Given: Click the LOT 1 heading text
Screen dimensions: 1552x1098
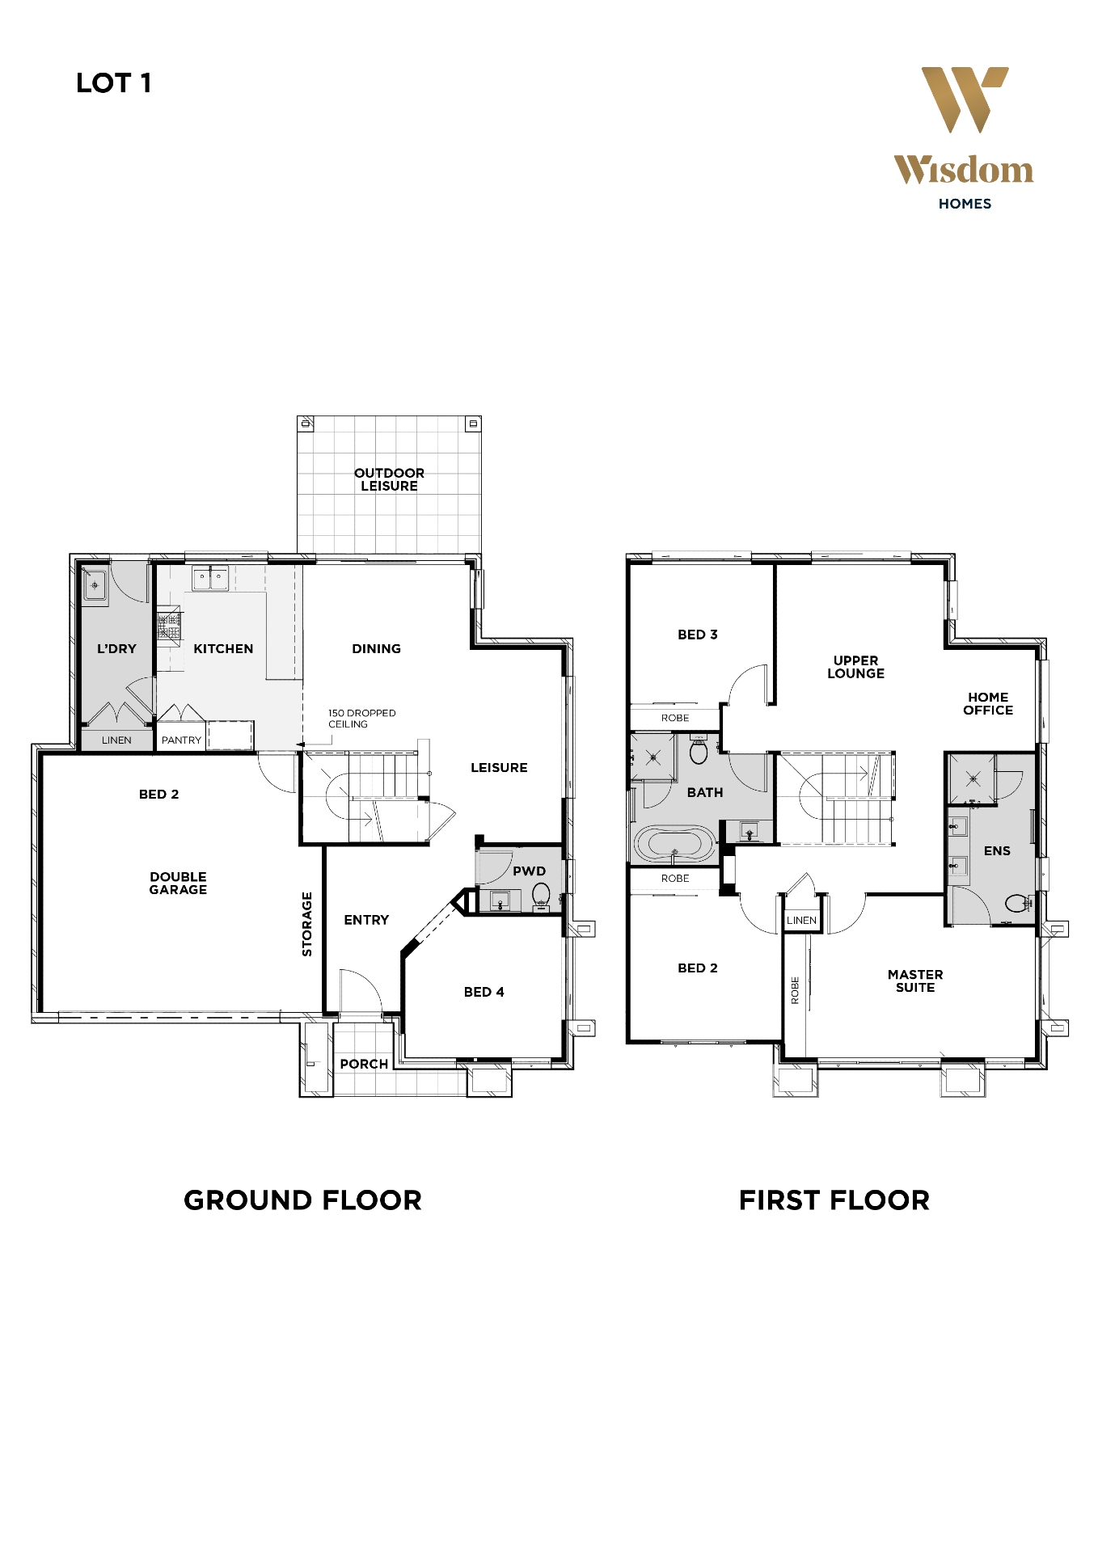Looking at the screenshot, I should coord(113,83).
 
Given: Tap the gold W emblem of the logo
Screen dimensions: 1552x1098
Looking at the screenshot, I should coord(964,99).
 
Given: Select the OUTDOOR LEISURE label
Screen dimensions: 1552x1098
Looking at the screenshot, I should coord(389,479).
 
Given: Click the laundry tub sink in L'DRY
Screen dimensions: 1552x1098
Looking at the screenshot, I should coord(95,584).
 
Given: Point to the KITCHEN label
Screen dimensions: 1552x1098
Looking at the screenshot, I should coord(223,648).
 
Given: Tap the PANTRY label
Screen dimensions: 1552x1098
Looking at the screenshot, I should coord(181,740).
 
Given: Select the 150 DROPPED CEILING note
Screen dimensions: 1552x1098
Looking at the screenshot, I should coord(361,719).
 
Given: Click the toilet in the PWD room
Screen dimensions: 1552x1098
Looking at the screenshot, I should coord(541,894).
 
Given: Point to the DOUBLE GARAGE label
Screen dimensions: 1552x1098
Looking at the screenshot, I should coord(178,883).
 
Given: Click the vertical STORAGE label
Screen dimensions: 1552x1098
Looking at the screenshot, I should coord(307,924).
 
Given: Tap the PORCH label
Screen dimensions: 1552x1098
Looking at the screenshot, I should coord(364,1064).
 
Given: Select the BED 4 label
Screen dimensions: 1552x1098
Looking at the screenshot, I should coord(484,992).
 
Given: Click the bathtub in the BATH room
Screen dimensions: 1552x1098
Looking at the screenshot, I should coord(674,844).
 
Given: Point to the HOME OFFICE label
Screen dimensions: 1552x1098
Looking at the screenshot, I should coord(987,703).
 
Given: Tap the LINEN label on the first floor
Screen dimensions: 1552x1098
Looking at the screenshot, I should coord(801,920).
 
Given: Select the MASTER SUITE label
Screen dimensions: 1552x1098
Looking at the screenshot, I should coord(914,981).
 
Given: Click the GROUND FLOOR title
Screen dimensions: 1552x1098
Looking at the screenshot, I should coord(302,1200).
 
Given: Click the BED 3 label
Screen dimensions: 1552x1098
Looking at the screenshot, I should coord(697,635).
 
